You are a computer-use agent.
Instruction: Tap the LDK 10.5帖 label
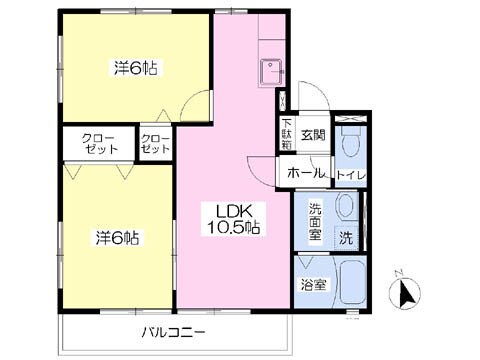click(233, 218)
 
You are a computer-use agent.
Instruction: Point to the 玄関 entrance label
click(312, 134)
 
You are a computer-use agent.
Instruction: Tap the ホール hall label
click(306, 173)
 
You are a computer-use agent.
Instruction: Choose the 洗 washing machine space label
click(345, 239)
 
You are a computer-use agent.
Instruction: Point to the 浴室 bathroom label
click(314, 285)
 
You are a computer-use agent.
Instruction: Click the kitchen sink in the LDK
click(271, 73)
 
